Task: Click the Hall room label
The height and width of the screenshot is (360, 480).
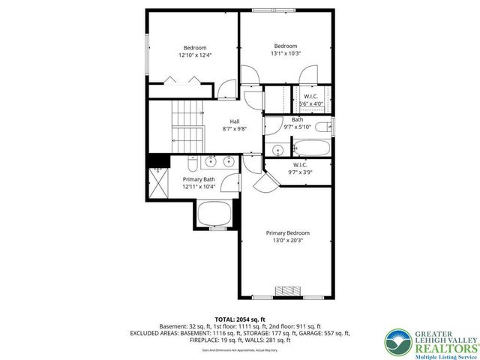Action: pyautogui.click(x=235, y=121)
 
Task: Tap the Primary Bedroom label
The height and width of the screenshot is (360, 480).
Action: pyautogui.click(x=287, y=232)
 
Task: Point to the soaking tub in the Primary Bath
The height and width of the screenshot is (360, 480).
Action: pyautogui.click(x=215, y=215)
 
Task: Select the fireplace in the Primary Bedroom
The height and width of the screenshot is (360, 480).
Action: pyautogui.click(x=287, y=291)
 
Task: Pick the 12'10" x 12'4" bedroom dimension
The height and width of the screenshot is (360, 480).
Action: pyautogui.click(x=195, y=55)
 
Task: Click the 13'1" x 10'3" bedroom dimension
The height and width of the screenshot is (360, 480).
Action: pyautogui.click(x=286, y=53)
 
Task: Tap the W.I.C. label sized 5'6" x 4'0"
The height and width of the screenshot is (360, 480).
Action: pyautogui.click(x=310, y=96)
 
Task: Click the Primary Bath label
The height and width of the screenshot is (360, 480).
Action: pyautogui.click(x=199, y=178)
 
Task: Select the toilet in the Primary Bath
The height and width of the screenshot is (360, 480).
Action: pyautogui.click(x=192, y=160)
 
